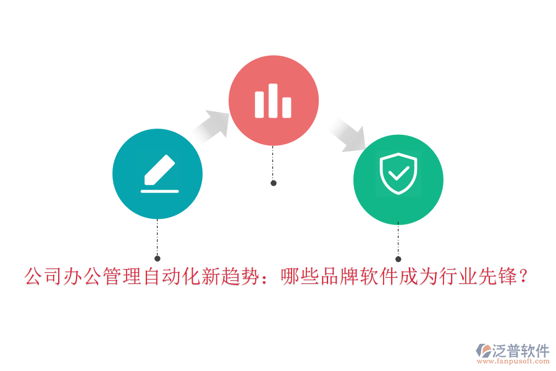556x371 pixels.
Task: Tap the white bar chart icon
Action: click(273, 101)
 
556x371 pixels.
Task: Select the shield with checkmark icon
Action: click(398, 174)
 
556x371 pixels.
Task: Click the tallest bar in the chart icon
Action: click(273, 100)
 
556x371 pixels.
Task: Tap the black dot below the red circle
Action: click(274, 183)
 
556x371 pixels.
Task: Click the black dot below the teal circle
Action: click(158, 258)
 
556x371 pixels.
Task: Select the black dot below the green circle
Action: click(398, 259)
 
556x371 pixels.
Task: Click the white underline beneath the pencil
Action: click(159, 191)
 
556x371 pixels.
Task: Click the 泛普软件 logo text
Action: click(521, 351)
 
